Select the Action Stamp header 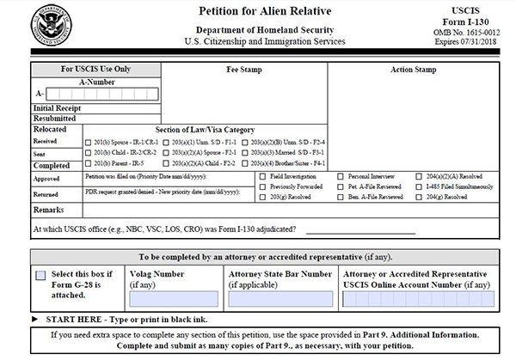tap(414, 68)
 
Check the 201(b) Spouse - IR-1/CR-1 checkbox tap(89, 141)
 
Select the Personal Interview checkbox tap(341, 174)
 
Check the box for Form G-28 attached tap(40, 276)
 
